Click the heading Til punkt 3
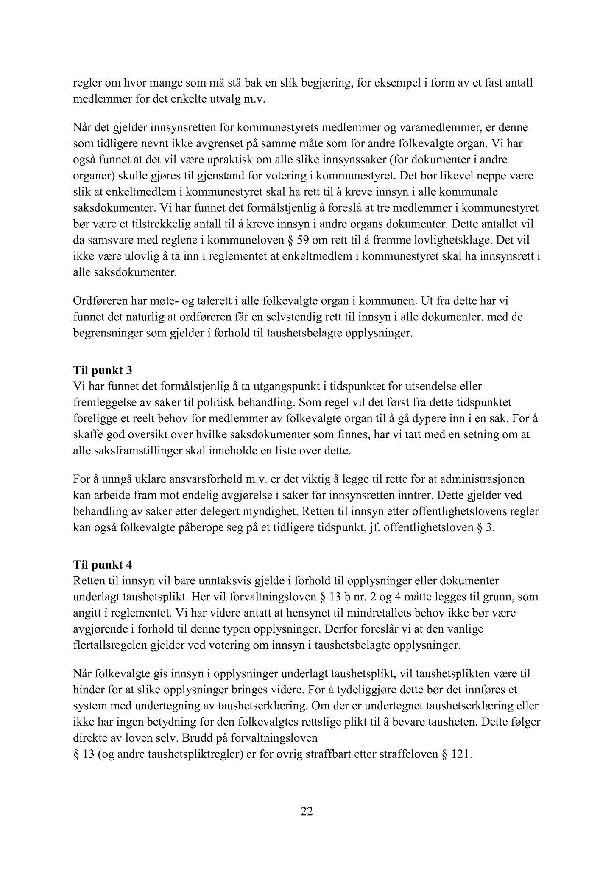pyautogui.click(x=103, y=370)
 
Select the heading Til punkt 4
pyautogui.click(x=103, y=565)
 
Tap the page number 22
pyautogui.click(x=307, y=811)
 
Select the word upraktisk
pyautogui.click(x=230, y=160)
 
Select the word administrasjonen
pyautogui.click(x=480, y=479)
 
